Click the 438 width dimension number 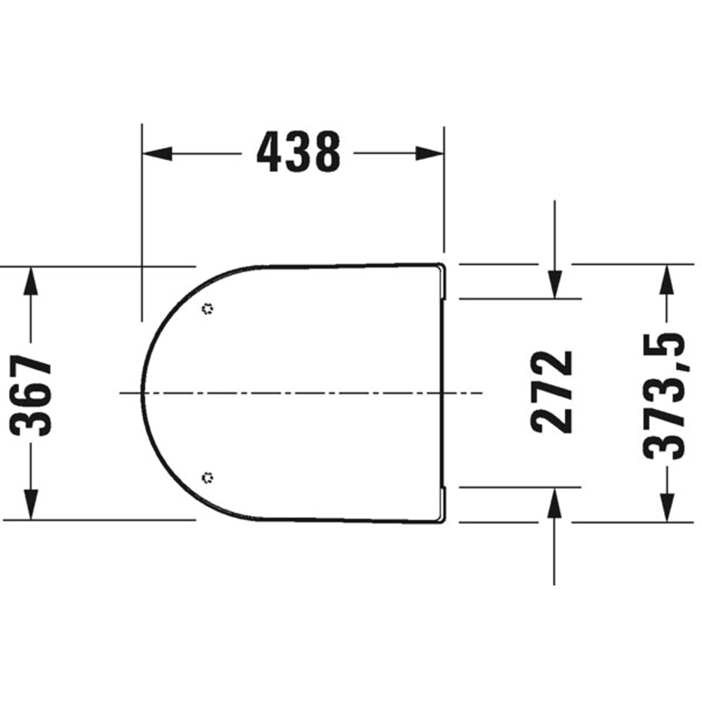point(298,152)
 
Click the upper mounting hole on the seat point(207,308)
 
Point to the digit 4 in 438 point(270,152)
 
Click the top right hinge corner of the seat point(442,267)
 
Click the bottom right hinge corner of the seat point(442,519)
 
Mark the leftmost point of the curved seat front point(143,392)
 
